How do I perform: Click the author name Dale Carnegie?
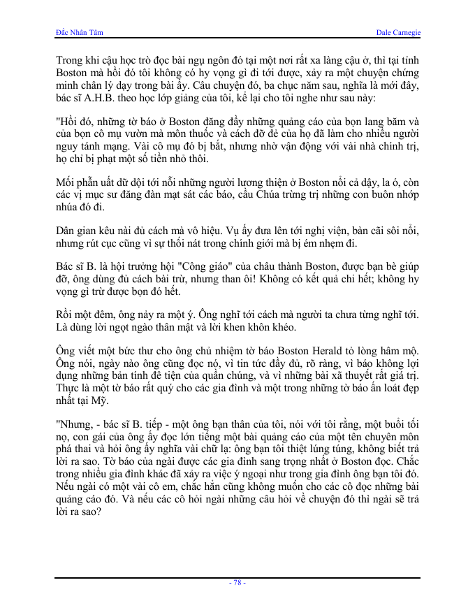pos(398,33)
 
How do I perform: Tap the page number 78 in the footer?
pos(237,583)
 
